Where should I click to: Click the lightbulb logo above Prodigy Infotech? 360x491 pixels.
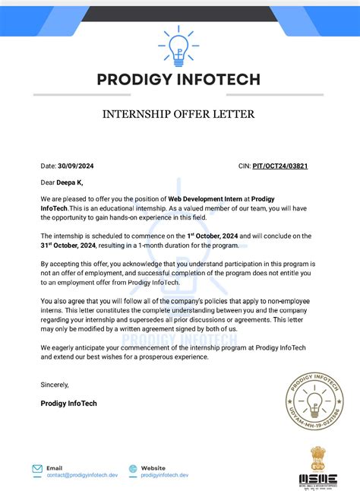click(179, 46)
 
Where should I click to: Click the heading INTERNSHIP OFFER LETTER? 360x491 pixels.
click(179, 115)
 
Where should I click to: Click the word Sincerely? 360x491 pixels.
click(55, 385)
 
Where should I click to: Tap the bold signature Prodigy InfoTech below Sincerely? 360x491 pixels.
click(68, 403)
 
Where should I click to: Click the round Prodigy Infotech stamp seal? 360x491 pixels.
click(317, 405)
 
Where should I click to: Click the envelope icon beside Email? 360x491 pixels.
click(37, 470)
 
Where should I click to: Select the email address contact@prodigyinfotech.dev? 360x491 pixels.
click(82, 475)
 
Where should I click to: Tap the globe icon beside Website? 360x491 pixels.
click(134, 470)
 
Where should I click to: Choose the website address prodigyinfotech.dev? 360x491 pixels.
click(165, 475)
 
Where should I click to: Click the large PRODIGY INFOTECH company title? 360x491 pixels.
click(179, 79)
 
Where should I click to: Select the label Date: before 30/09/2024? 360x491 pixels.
click(49, 165)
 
